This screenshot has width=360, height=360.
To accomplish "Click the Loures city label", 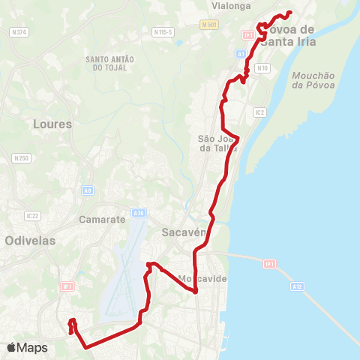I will pos(53,124).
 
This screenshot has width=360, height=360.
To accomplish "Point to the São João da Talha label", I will pos(217,143).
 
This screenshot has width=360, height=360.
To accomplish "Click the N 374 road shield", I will pos(19,32).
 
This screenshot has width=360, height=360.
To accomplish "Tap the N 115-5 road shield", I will pos(162,32).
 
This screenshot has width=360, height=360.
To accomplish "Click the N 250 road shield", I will pos(20,158).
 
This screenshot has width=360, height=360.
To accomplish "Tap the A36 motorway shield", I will pos(138,213).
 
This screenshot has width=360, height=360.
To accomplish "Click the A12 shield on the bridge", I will pos(297,286).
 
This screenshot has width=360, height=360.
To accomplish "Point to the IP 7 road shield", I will pos(67,286).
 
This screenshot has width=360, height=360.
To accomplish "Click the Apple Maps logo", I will pos(27,347).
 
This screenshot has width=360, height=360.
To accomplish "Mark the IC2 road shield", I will pos(259,112).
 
